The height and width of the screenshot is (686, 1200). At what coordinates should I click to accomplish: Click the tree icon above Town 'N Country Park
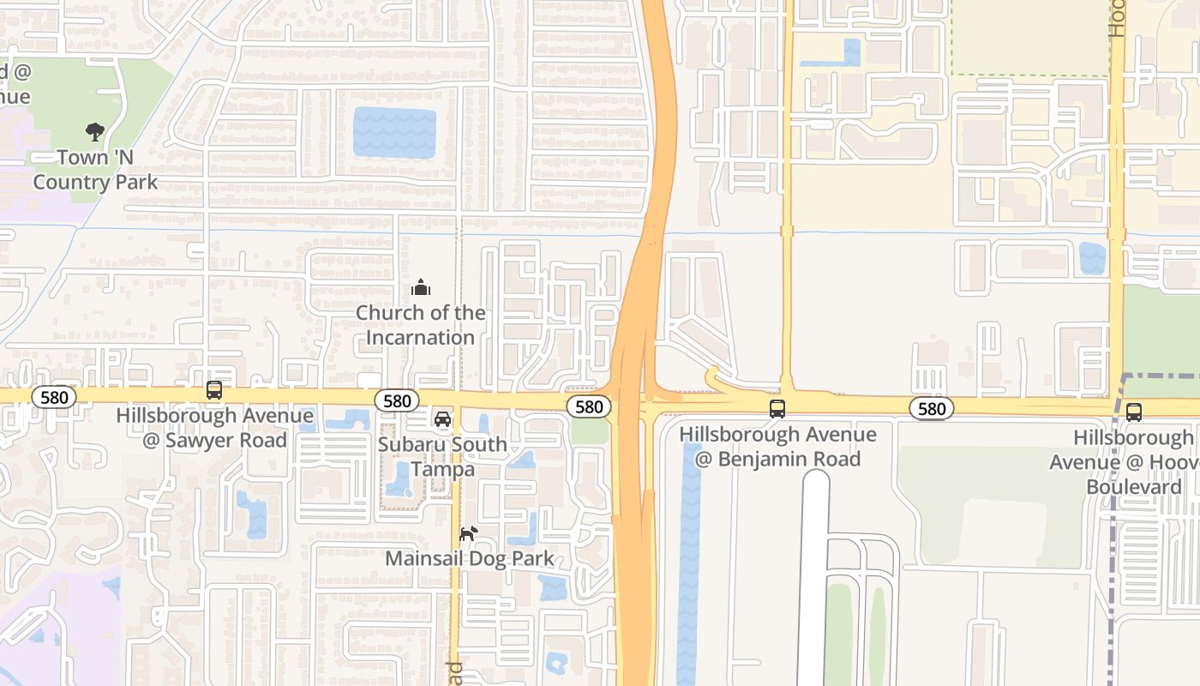[95, 132]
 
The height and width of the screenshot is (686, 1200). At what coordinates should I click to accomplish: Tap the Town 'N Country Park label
[95, 170]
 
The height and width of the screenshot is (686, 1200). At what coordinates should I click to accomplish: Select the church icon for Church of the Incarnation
[420, 287]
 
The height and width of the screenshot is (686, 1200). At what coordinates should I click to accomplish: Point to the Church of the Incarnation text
[420, 325]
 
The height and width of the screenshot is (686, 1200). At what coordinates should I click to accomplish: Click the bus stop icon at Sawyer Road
[214, 390]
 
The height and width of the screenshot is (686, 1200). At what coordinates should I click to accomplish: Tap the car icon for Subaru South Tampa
[442, 419]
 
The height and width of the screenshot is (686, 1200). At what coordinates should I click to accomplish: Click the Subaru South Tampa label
[442, 457]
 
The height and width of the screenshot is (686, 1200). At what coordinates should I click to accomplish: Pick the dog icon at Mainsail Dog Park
[468, 534]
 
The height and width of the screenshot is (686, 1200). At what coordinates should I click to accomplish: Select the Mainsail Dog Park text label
[469, 559]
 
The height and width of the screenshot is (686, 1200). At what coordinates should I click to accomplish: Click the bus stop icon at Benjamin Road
[777, 409]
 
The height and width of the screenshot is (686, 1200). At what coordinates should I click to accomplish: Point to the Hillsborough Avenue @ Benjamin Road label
[777, 446]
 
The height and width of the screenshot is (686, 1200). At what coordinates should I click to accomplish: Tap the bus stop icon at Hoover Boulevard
[1134, 412]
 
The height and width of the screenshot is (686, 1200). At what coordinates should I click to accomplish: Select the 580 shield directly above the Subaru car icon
[397, 400]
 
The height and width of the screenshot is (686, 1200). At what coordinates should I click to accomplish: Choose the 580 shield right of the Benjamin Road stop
[932, 409]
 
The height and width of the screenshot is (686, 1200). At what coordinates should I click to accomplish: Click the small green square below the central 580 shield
[590, 431]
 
